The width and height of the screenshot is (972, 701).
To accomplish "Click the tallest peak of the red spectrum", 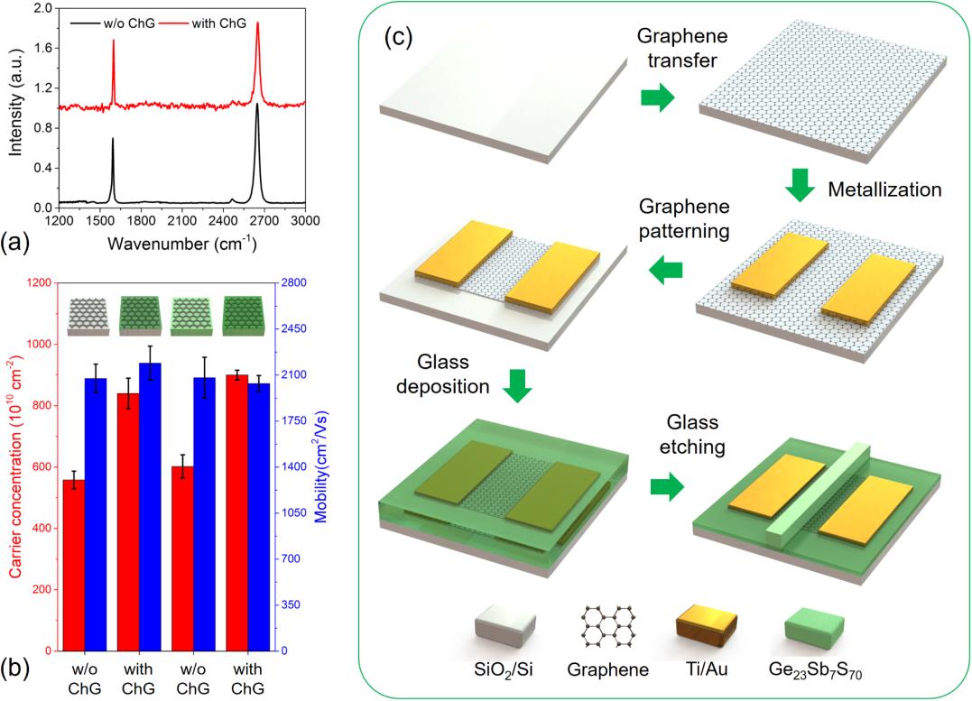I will point(257,24).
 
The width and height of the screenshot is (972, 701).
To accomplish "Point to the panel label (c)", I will point(398,37).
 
